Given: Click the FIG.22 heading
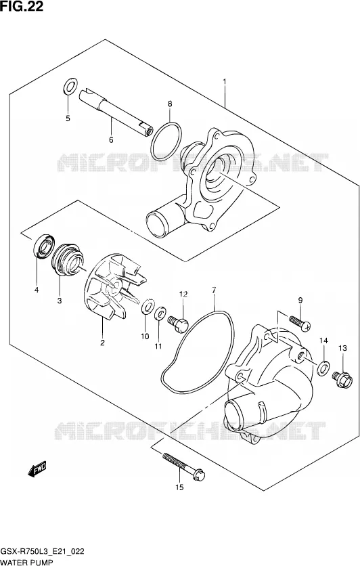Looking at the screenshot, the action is tap(22, 6).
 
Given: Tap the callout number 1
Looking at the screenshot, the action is tap(225, 82).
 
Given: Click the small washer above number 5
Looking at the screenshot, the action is tap(70, 87).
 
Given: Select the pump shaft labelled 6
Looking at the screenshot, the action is tap(116, 112).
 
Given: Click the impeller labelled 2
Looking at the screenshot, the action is tap(115, 286).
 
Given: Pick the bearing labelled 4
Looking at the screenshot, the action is tap(44, 246).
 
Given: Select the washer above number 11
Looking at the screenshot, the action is tap(160, 313).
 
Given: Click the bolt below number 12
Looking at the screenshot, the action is tap(178, 323).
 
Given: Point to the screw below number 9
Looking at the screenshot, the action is tap(300, 323).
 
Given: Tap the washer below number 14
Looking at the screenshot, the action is tap(323, 368).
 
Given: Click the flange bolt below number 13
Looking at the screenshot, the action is tap(342, 379).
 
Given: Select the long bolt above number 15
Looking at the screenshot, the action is tap(184, 466).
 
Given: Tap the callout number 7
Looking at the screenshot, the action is tap(214, 290).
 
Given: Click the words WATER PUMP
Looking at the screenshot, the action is tap(26, 562).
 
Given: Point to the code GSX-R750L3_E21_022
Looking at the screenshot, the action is tap(43, 551).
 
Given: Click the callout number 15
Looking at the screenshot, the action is tap(179, 487).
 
